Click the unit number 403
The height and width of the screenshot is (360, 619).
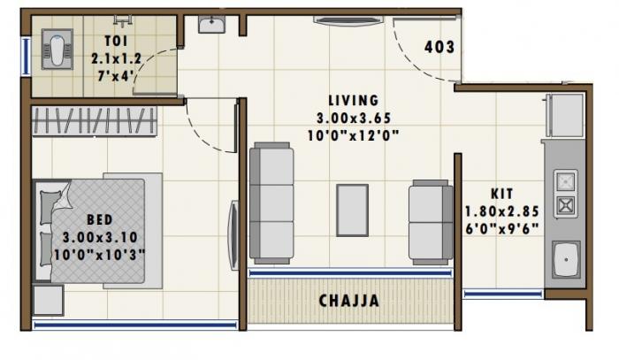pos(439,47)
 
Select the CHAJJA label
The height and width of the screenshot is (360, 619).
pos(348,302)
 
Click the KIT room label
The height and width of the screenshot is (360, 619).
pos(502,194)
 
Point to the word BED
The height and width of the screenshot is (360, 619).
pos(98,219)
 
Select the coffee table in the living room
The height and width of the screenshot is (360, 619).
pos(352,210)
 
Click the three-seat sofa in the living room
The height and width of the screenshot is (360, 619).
pos(271,203)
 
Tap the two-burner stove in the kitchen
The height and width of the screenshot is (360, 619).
pos(565,195)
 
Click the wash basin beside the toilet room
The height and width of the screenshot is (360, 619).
pos(211,25)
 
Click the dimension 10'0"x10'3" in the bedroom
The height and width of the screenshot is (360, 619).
pos(98,254)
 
